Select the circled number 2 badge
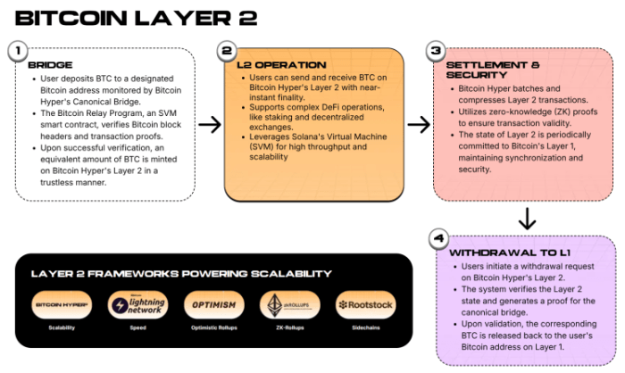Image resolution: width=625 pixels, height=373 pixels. click(x=229, y=52)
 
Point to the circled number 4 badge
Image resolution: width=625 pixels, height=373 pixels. click(x=438, y=240)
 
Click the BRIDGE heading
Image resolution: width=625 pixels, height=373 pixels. click(x=50, y=66)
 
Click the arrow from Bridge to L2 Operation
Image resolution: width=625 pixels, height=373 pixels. click(x=209, y=124)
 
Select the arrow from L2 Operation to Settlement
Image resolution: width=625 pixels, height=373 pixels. click(x=418, y=124)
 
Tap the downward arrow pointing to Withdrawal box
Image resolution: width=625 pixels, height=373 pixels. click(x=527, y=218)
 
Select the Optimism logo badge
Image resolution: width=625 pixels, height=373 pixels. click(x=213, y=305)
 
